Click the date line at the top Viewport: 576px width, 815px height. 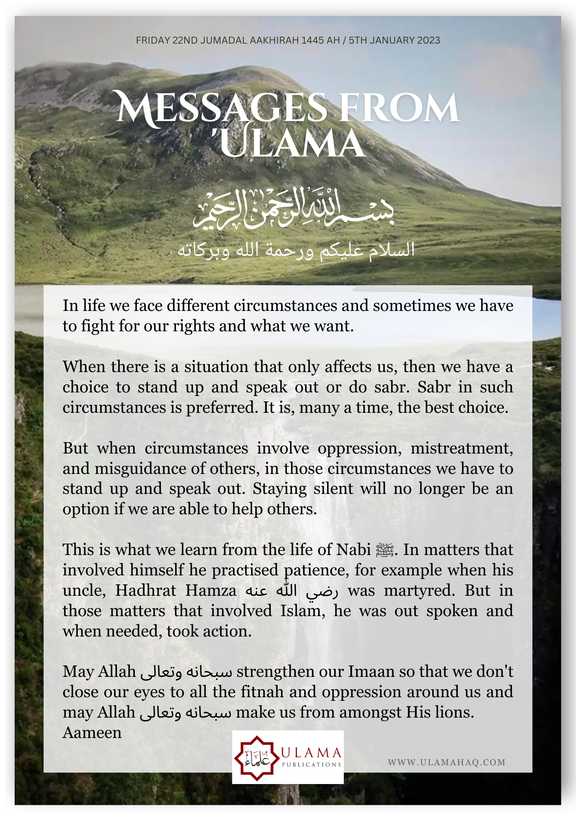pos(288,40)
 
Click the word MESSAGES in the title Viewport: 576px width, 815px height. pos(222,108)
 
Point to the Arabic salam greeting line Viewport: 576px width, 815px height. pos(296,250)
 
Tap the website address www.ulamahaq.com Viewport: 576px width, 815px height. pos(446,762)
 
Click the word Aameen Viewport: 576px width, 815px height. pos(92,733)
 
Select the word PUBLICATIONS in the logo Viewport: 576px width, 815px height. pos(312,764)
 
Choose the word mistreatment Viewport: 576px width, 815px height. pos(461,448)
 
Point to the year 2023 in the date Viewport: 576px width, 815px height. pos(427,40)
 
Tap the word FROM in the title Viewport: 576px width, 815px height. pos(399,108)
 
